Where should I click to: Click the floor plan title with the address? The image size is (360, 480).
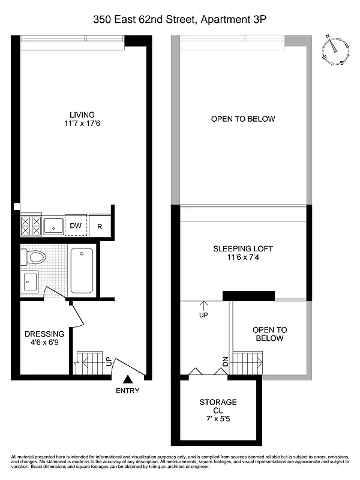[x=179, y=20]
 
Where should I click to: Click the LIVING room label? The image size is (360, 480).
[x=82, y=115]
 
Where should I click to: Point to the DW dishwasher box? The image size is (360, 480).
[x=76, y=226]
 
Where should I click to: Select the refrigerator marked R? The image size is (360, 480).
[x=100, y=226]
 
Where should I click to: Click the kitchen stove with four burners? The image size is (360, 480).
[x=31, y=226]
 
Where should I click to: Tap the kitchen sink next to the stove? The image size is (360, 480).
[x=54, y=226]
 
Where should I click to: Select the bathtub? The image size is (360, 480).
[x=82, y=271]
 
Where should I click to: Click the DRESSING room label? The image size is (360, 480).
[x=44, y=334]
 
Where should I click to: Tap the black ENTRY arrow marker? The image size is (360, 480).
[x=128, y=379]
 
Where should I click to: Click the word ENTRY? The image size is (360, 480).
[x=128, y=391]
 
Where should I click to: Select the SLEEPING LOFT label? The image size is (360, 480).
[x=243, y=248]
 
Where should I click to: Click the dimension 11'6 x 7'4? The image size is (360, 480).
[x=243, y=258]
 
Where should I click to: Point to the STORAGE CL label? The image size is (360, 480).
[x=218, y=406]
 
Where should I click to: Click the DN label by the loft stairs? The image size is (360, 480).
[x=226, y=362]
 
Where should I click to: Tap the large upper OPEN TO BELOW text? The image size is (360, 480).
[x=243, y=119]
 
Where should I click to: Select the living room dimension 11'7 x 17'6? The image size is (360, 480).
[x=82, y=125]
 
